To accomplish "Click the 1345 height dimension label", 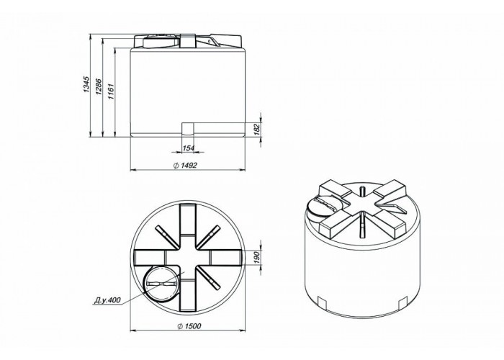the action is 86,84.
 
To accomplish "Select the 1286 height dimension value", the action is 99,87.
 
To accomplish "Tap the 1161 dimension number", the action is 111,91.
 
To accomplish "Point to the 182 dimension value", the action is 257,130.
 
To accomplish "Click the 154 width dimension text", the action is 189,148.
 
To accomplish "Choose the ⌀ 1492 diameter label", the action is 185,166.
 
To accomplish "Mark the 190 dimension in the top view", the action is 256,258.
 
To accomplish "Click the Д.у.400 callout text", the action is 107,300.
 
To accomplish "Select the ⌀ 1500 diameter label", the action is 189,326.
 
